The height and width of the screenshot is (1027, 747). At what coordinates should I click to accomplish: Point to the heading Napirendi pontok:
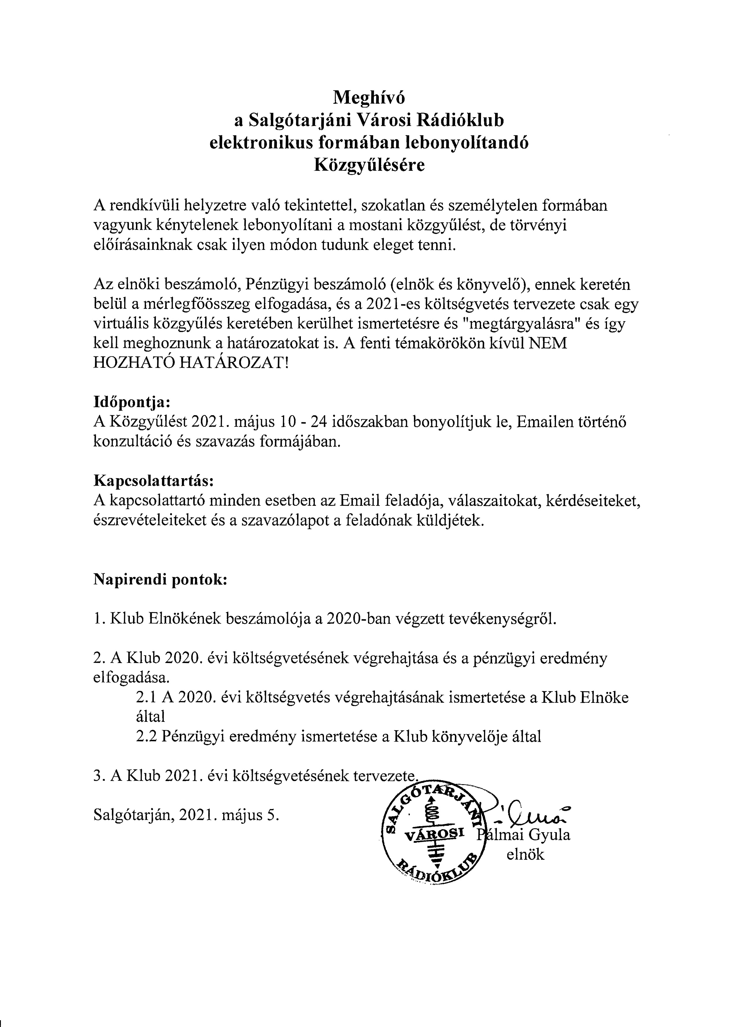click(160, 580)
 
